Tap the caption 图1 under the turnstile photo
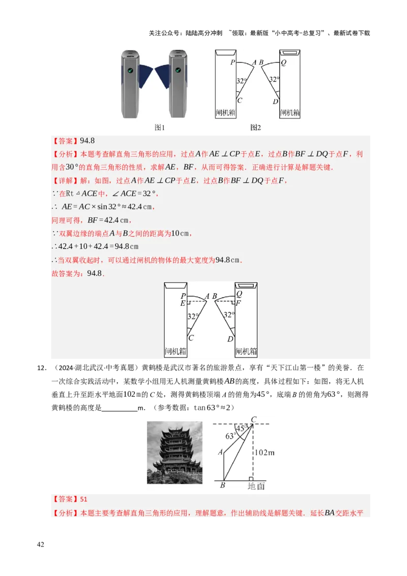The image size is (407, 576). pyautogui.click(x=160, y=128)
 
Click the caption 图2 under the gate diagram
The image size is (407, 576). pyautogui.click(x=255, y=128)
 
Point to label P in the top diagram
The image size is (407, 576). pyautogui.click(x=232, y=63)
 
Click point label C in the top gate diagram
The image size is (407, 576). pyautogui.click(x=239, y=101)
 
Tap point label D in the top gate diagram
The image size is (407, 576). pyautogui.click(x=275, y=102)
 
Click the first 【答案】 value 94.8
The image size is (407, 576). pyautogui.click(x=88, y=141)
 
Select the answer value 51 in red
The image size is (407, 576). pyautogui.click(x=84, y=500)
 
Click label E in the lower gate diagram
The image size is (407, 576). pyautogui.click(x=183, y=303)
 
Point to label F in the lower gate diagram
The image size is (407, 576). pyautogui.click(x=238, y=303)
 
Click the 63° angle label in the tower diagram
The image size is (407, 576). pyautogui.click(x=230, y=436)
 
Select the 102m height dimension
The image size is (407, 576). pyautogui.click(x=265, y=452)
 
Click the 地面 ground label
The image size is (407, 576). pyautogui.click(x=256, y=486)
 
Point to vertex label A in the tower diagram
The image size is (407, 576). pyautogui.click(x=220, y=452)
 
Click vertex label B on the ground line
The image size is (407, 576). pyautogui.click(x=222, y=486)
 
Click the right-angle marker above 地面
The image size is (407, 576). pyautogui.click(x=251, y=479)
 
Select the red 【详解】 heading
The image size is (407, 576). pyautogui.click(x=65, y=181)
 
